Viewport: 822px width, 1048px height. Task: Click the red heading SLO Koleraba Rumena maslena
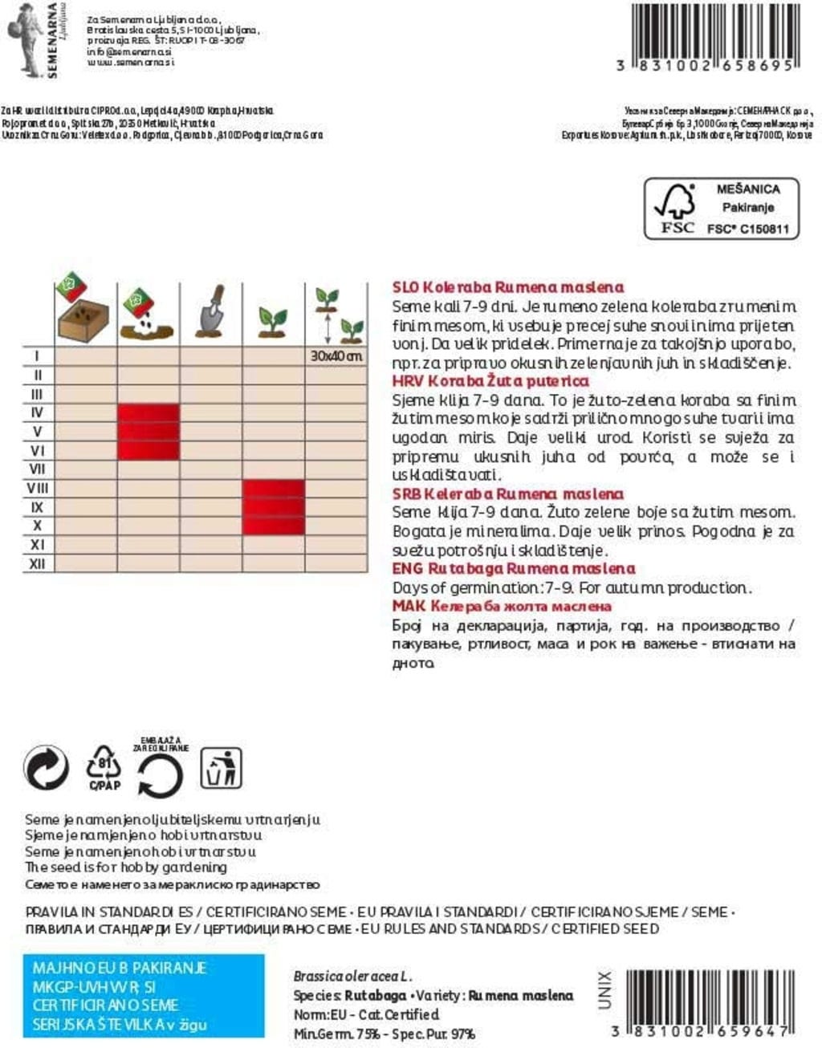pyautogui.click(x=507, y=287)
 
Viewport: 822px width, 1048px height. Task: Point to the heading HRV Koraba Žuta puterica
pyautogui.click(x=490, y=381)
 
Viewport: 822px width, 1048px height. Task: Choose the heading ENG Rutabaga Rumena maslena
pyautogui.click(x=513, y=569)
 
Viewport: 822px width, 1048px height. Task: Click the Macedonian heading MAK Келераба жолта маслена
pyautogui.click(x=502, y=607)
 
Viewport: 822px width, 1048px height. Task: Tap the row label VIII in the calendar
pyautogui.click(x=37, y=488)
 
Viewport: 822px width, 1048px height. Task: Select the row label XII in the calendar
pyautogui.click(x=37, y=564)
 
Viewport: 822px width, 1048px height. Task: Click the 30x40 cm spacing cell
pyautogui.click(x=336, y=355)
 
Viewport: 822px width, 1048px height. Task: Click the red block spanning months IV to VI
pyautogui.click(x=149, y=432)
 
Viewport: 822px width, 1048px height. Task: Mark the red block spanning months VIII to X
pyautogui.click(x=273, y=507)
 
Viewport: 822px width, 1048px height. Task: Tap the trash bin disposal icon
pyautogui.click(x=220, y=769)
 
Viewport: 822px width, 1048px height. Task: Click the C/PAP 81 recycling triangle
pyautogui.click(x=104, y=768)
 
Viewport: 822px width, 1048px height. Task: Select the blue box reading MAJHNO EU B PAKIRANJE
pyautogui.click(x=144, y=996)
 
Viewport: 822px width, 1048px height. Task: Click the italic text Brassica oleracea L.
pyautogui.click(x=352, y=977)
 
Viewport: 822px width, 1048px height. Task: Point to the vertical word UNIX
pyautogui.click(x=604, y=989)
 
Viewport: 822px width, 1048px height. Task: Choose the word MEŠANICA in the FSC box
pyautogui.click(x=747, y=189)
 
